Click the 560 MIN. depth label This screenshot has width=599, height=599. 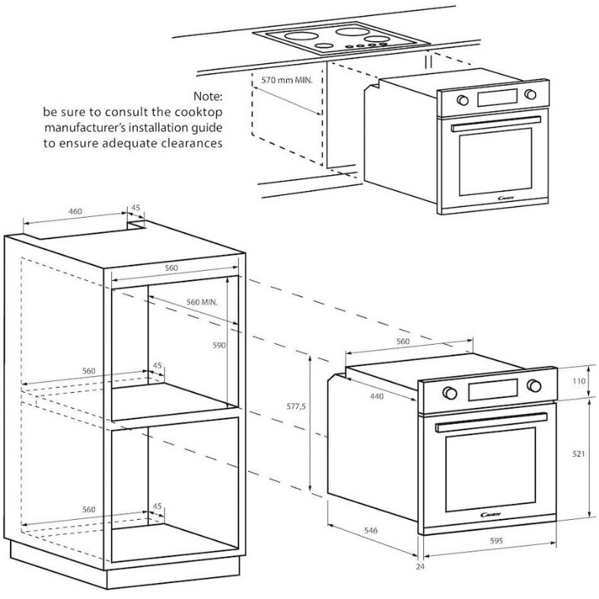[x=203, y=302]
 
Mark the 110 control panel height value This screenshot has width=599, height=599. [x=579, y=381]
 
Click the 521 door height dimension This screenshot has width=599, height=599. [x=579, y=454]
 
